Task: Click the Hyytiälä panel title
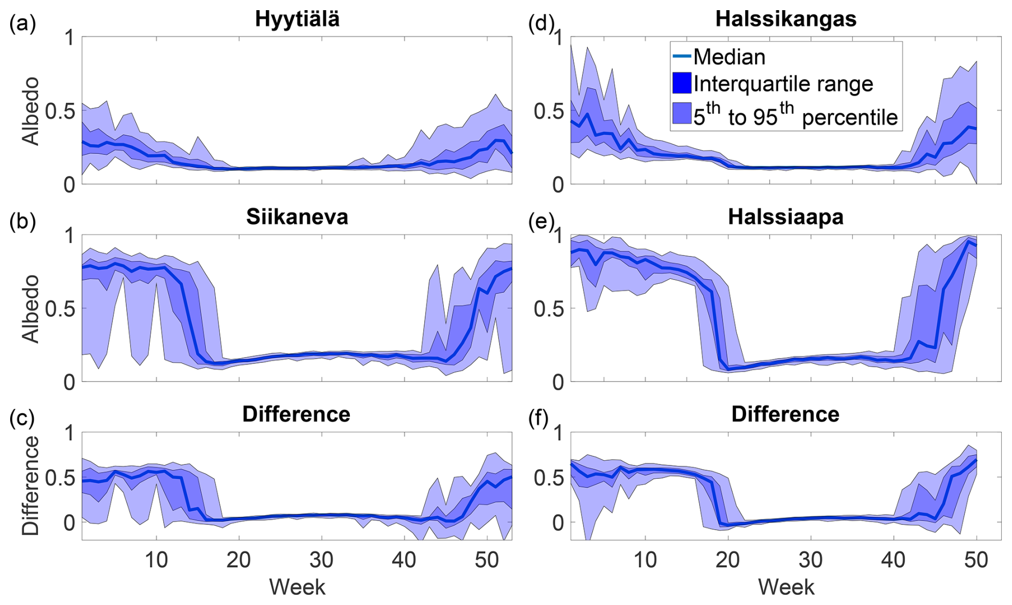click(297, 19)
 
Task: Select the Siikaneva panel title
click(297, 217)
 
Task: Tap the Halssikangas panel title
click(785, 19)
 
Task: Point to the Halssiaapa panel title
click(785, 217)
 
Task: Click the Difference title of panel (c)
click(296, 415)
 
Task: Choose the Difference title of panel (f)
click(785, 415)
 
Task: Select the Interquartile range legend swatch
click(681, 83)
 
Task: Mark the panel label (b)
click(22, 221)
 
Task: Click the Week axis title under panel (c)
click(297, 587)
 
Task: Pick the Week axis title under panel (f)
click(786, 587)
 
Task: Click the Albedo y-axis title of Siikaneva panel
click(31, 308)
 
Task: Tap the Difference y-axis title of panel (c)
click(31, 485)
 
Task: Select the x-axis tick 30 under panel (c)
click(321, 560)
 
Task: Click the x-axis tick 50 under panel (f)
click(976, 560)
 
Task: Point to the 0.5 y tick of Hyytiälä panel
click(60, 111)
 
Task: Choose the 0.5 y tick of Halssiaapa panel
click(548, 309)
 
